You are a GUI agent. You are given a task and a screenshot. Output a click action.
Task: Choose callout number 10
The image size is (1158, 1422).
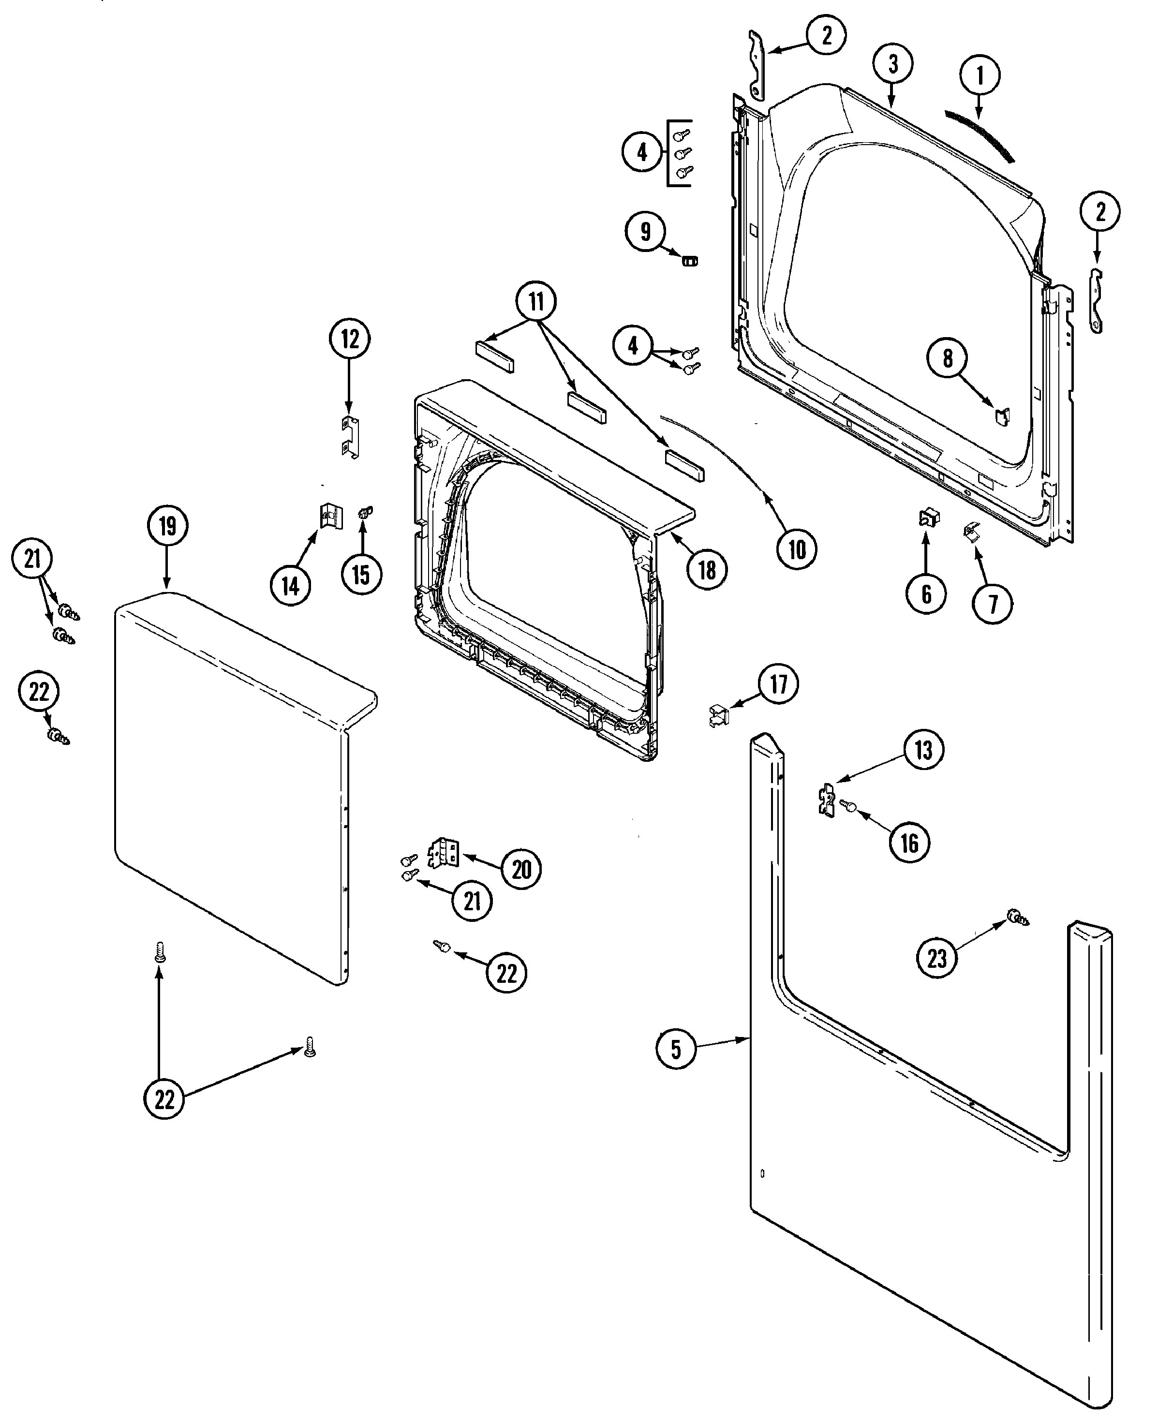797,549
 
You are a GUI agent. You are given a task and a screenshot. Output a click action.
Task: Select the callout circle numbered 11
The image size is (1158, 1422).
536,302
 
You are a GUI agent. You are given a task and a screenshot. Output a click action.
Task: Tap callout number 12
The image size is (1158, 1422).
350,340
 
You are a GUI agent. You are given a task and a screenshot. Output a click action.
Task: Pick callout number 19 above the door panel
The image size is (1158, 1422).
167,526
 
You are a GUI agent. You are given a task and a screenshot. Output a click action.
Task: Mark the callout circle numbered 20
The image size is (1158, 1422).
521,869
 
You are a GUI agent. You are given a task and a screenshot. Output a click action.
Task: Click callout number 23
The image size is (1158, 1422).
936,959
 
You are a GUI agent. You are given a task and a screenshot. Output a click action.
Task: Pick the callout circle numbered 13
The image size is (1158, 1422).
922,750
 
